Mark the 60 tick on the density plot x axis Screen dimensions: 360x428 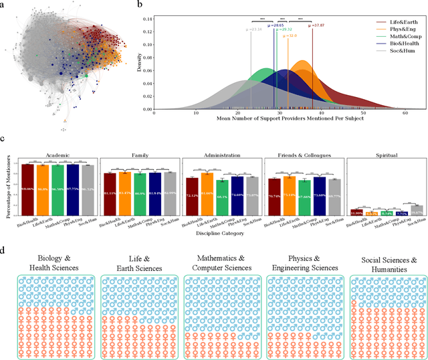tap(405, 114)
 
